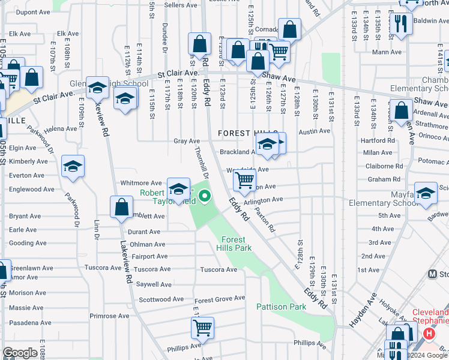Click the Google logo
(x=20, y=353)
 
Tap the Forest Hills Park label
(x=235, y=244)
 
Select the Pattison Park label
(x=281, y=307)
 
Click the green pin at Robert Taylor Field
(x=205, y=196)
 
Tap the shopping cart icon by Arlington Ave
(x=244, y=179)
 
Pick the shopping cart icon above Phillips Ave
(x=202, y=328)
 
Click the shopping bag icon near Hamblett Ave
(x=121, y=206)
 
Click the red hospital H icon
(x=429, y=334)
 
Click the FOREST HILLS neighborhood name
(x=248, y=133)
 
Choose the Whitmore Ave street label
(x=141, y=183)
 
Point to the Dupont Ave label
(x=33, y=12)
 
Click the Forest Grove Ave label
(x=220, y=298)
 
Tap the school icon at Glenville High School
(x=97, y=89)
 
